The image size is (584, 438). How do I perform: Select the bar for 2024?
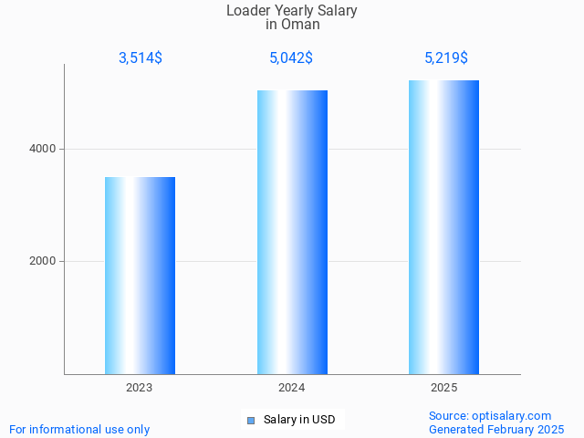coord(292,232)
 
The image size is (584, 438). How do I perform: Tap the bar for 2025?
coord(443,227)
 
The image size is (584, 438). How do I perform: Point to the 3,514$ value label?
coord(141,58)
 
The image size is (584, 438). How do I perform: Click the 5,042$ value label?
coord(292,58)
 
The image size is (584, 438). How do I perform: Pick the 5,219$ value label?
coord(446,58)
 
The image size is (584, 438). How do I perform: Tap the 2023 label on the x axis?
coord(140,388)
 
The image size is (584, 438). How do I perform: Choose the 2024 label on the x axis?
coord(292,388)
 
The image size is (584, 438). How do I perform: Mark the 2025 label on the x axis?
coord(444,388)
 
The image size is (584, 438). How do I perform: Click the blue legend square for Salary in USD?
coord(251,420)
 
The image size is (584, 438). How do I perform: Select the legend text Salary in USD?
coord(299,420)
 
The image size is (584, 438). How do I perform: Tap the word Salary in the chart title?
coord(337,11)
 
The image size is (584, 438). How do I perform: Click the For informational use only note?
coord(79,429)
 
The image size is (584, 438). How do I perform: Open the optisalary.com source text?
coord(490,415)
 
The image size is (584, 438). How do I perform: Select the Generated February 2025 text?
coord(496,429)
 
